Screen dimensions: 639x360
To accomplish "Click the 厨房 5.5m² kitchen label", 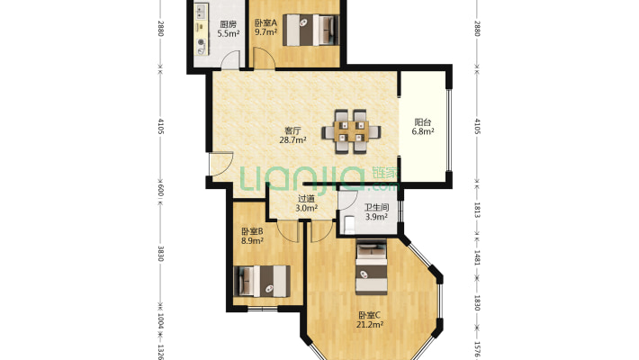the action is click(229, 29).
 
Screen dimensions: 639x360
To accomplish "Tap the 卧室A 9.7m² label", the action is click(265, 27).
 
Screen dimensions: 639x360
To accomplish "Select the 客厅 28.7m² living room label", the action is click(292, 135).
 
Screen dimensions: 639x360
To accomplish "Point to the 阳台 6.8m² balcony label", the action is click(423, 126).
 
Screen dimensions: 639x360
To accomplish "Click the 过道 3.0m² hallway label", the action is click(307, 203).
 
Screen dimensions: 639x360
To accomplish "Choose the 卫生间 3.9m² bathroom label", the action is click(376, 212).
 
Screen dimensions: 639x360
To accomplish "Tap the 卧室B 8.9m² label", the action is click(252, 236).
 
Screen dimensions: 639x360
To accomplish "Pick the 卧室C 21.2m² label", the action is click(369, 319).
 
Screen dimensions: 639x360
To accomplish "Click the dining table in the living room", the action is click(351, 131).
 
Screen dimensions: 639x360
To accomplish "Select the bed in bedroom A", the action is click(310, 30).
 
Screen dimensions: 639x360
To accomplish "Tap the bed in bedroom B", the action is click(262, 281).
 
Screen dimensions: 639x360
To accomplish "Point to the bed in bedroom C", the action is click(372, 267).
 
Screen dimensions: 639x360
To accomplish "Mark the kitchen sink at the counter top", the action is click(201, 12).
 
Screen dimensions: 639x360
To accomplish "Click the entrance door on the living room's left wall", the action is click(220, 164).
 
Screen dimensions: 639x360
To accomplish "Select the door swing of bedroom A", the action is click(264, 58).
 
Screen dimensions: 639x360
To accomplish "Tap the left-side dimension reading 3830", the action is click(160, 254).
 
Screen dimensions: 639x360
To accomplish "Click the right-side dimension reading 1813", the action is click(477, 210).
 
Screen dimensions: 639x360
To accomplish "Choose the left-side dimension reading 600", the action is click(160, 191).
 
